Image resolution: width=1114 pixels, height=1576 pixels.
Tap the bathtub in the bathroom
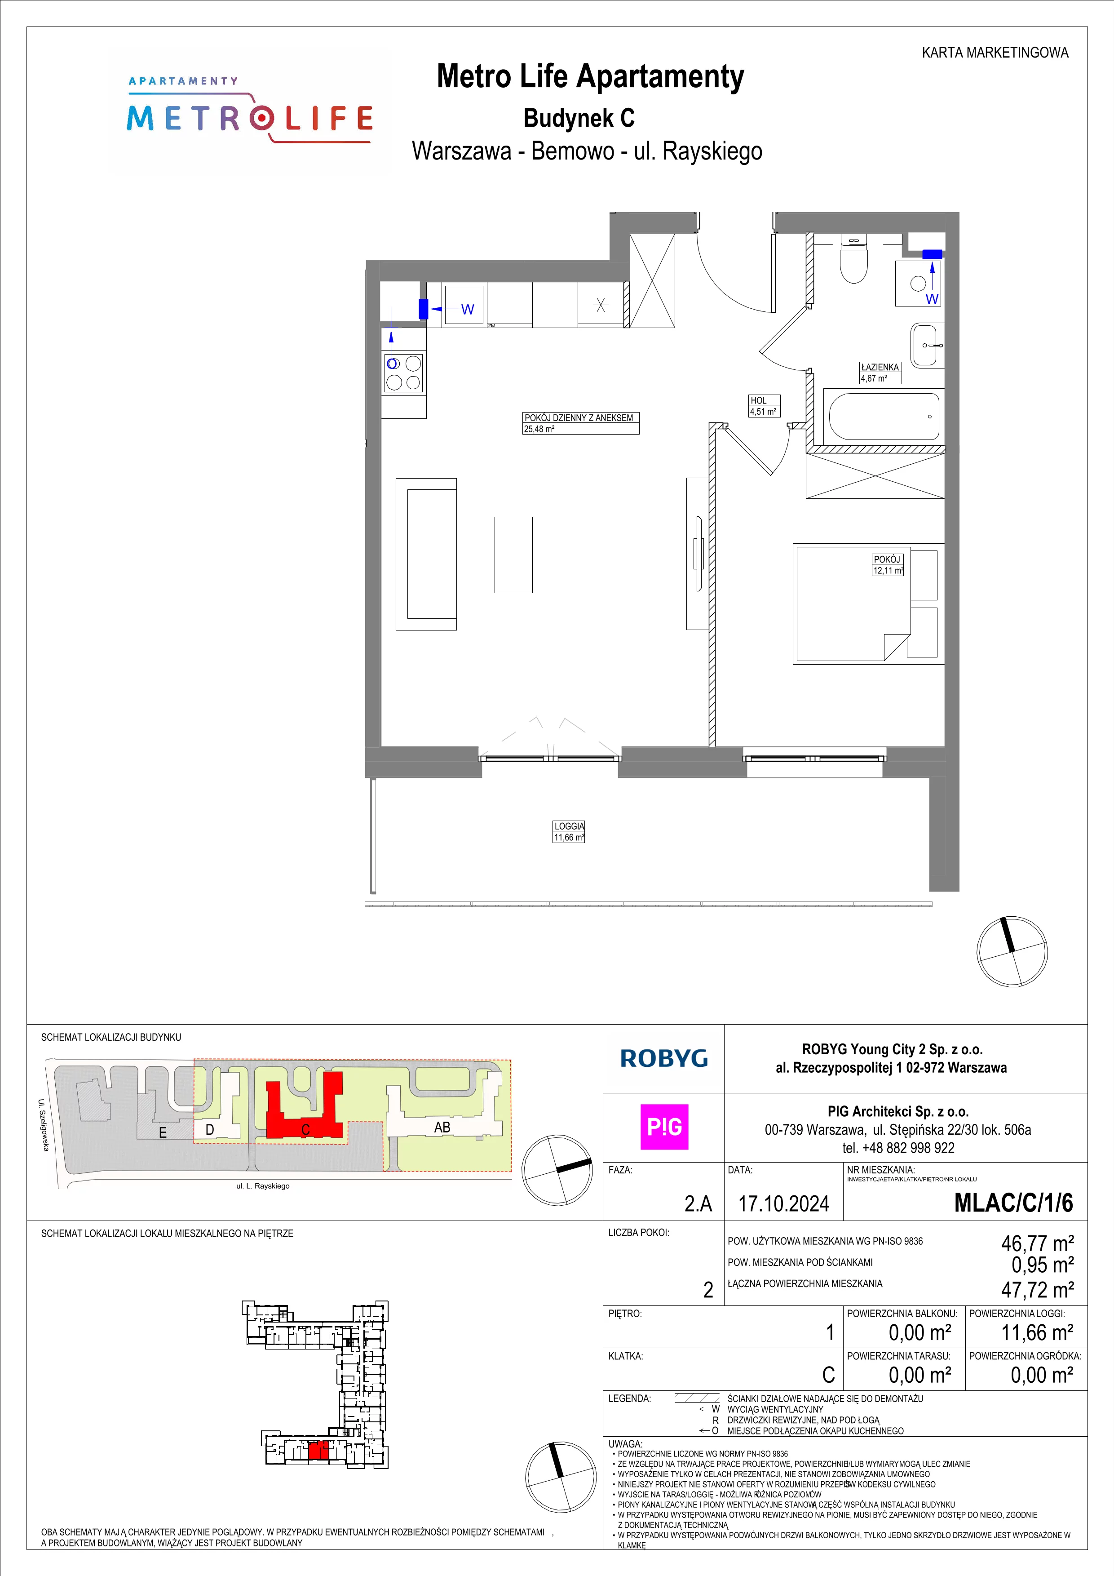[884, 416]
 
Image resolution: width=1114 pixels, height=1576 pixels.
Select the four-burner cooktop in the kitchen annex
[403, 373]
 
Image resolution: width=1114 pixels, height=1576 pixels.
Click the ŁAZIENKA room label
[880, 367]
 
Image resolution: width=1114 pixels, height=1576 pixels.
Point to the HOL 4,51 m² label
[763, 406]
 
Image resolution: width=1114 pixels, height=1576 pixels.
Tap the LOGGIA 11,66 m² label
[569, 831]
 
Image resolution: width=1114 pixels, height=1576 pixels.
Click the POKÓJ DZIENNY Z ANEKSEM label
[579, 417]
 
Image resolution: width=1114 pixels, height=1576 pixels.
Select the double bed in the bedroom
[866, 604]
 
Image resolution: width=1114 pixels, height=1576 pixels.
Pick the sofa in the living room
[426, 554]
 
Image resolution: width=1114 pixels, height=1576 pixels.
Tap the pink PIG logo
[664, 1127]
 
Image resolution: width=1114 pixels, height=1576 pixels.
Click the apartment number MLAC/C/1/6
[1013, 1203]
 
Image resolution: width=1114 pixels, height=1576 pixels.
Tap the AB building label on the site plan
[442, 1127]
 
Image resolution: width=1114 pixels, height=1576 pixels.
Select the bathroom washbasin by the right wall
[928, 345]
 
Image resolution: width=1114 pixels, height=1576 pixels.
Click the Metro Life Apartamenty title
[591, 76]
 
